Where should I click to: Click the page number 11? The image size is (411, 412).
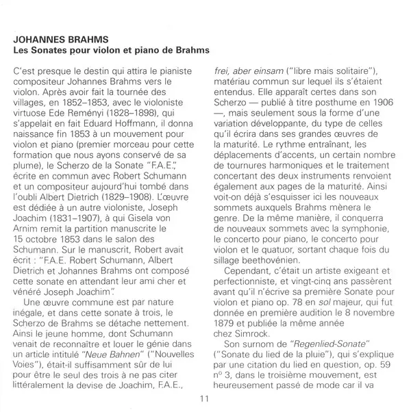coord(204,400)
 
